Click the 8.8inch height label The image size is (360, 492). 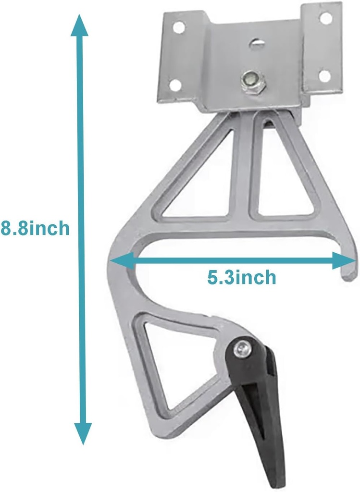tap(35, 228)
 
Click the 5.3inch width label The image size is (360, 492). tap(242, 277)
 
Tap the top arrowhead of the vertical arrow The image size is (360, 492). tap(80, 24)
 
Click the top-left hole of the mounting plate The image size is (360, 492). tap(178, 27)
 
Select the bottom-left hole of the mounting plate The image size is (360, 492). tap(174, 85)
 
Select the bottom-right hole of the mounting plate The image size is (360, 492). tap(324, 75)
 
